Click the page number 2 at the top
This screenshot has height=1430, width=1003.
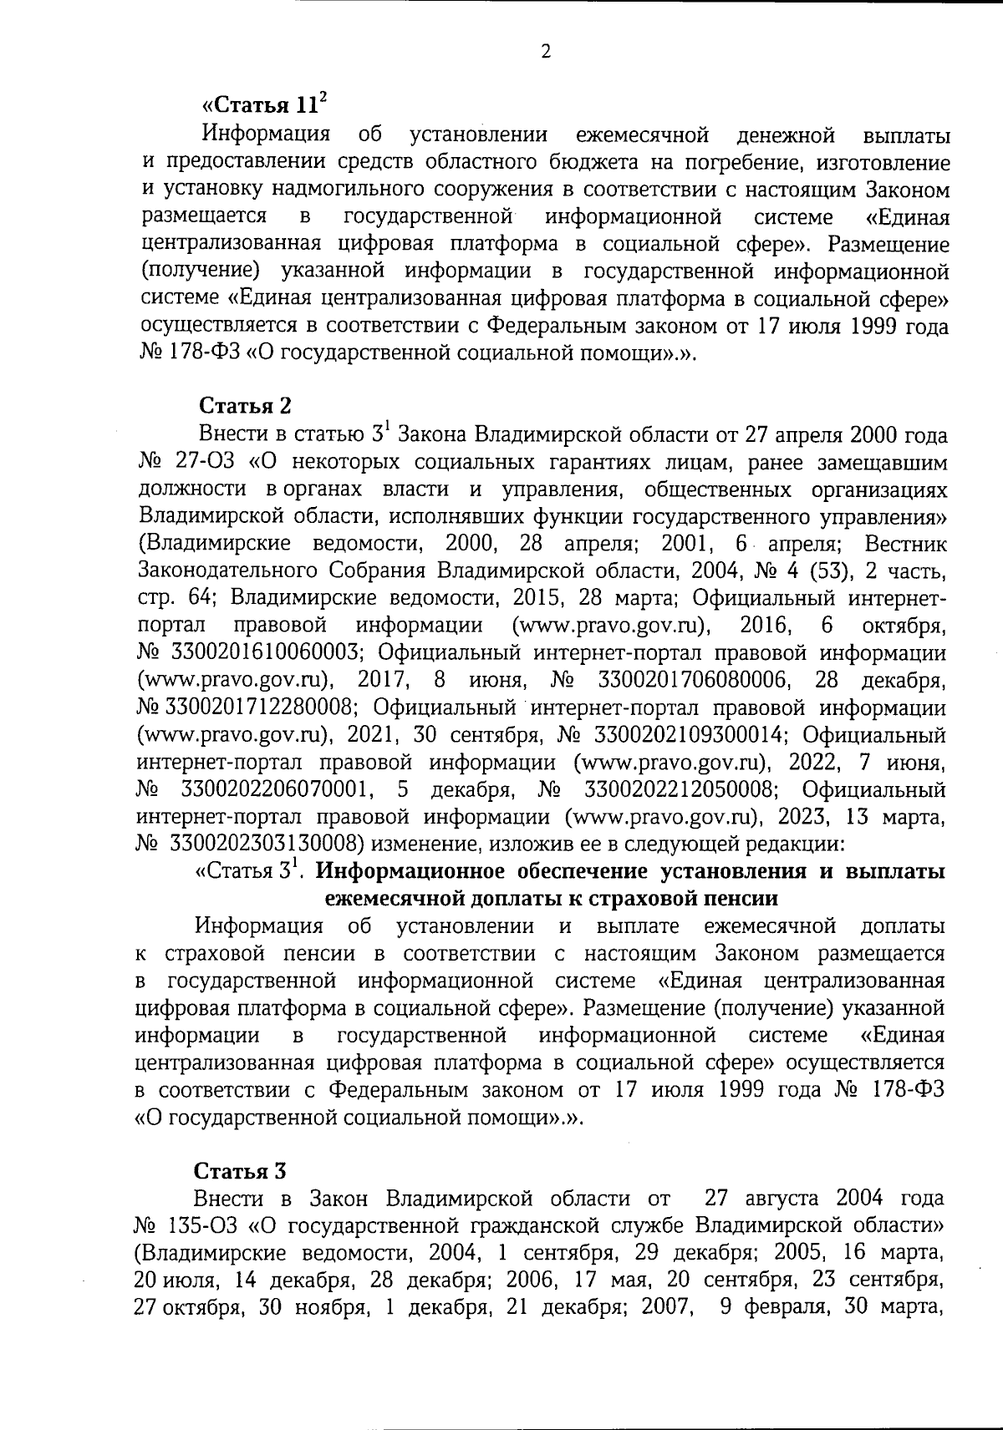coord(546,52)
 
